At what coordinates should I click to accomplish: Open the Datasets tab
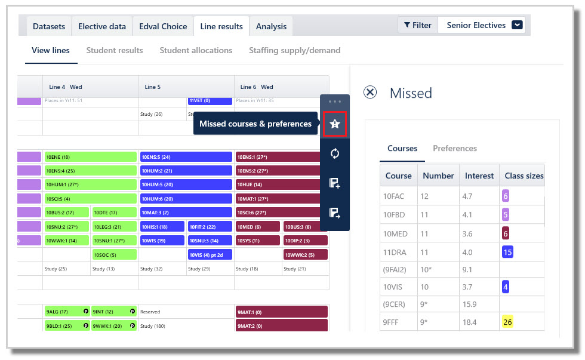click(49, 26)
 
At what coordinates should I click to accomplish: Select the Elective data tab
click(102, 26)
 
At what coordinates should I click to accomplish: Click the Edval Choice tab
click(163, 26)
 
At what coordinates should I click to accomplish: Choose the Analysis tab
click(271, 26)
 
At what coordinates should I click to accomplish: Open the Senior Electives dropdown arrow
click(518, 25)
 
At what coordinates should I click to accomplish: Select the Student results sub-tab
click(115, 51)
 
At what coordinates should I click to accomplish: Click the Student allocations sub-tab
click(196, 51)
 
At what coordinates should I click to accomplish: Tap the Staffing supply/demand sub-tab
click(294, 51)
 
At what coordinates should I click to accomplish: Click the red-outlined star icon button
click(335, 124)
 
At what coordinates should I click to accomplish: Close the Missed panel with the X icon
click(370, 93)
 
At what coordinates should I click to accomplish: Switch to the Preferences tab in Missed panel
click(455, 148)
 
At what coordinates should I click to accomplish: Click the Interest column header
click(479, 176)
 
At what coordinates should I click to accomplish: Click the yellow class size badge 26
click(507, 322)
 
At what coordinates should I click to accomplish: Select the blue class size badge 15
click(507, 252)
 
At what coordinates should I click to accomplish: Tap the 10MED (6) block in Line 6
click(257, 227)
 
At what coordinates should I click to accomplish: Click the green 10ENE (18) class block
click(91, 157)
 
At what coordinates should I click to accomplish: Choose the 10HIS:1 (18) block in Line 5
click(162, 227)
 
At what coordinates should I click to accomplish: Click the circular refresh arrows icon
click(335, 153)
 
